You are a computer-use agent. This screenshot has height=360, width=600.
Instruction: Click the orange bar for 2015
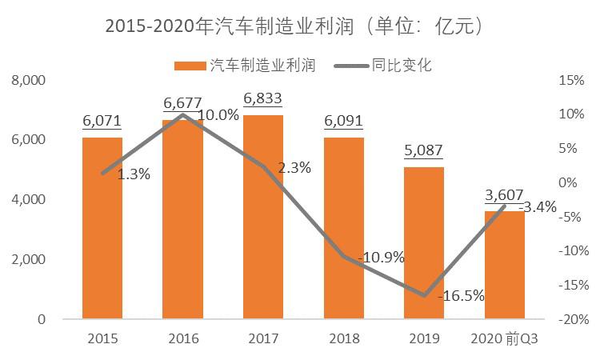point(102,228)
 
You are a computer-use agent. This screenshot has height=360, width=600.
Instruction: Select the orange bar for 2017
point(263,217)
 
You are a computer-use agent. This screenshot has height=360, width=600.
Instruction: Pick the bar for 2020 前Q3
point(504,265)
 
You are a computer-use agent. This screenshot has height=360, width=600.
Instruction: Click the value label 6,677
point(182,103)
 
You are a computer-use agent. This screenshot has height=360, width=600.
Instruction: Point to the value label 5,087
point(424,150)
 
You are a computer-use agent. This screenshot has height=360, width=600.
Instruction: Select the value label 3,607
point(504,194)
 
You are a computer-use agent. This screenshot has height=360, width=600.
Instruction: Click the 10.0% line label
point(218,114)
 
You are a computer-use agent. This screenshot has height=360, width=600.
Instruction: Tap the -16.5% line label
point(462,295)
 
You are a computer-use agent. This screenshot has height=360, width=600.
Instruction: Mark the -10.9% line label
point(382,258)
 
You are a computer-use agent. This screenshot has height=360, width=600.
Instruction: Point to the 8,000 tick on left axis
point(29,81)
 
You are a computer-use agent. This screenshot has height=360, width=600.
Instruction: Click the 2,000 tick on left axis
point(29,260)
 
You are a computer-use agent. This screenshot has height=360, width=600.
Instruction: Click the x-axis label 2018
point(343,338)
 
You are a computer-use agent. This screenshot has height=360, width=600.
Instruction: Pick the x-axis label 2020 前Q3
point(504,338)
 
